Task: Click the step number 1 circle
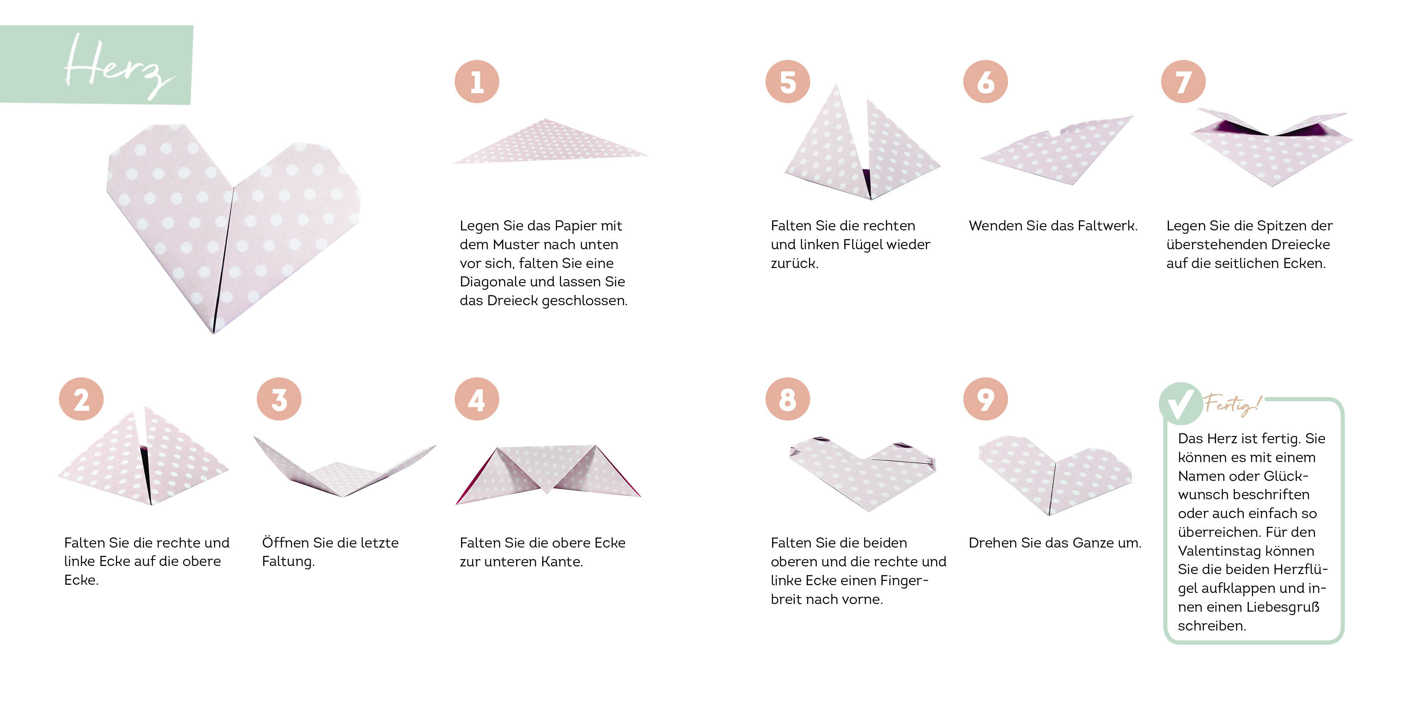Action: pos(477,82)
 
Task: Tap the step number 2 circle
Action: pos(81,399)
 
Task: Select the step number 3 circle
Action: pos(279,399)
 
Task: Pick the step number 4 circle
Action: pos(477,399)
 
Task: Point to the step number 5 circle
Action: pos(787,82)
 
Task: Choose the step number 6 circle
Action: pos(986,82)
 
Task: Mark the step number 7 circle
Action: pos(1183,82)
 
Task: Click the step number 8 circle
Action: pos(787,399)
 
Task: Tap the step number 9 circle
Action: pos(986,399)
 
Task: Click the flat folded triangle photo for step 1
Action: pos(550,141)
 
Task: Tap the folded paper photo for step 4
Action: pos(548,474)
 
